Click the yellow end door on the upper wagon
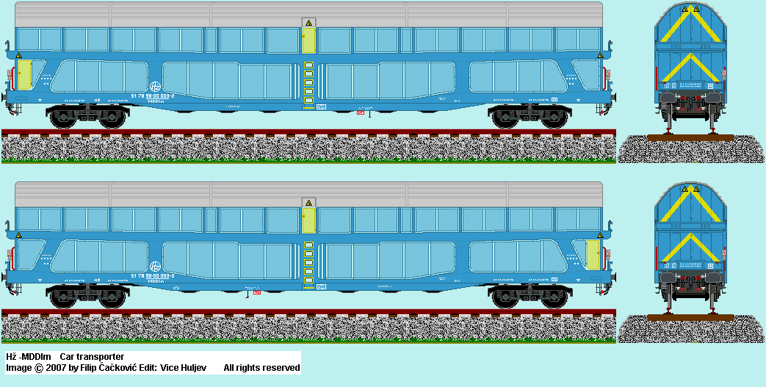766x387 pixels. coord(25,75)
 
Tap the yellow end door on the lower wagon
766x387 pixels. coord(591,253)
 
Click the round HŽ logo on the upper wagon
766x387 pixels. coord(156,85)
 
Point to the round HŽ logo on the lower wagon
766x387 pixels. coord(155,266)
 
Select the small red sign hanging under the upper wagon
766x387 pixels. coord(360,112)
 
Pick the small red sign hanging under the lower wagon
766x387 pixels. coord(257,292)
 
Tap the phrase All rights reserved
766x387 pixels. coord(261,367)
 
